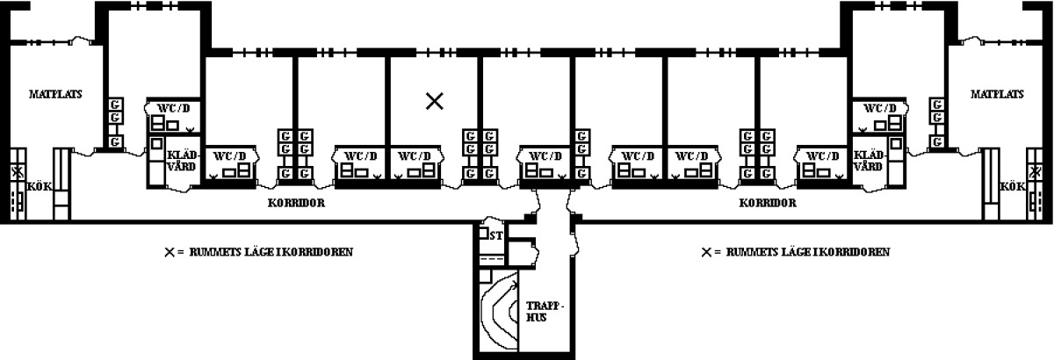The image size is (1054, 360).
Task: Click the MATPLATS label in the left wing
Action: pos(55,94)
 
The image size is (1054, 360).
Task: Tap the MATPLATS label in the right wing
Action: pos(997,94)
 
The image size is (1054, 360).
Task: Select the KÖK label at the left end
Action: pos(39,186)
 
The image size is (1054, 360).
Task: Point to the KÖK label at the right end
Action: pos(1012,186)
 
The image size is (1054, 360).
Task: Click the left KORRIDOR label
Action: pos(297,203)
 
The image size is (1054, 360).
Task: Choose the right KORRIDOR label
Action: pos(768,203)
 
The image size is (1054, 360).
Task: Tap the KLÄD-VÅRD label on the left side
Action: pos(183,161)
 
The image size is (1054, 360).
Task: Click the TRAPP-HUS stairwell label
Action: pos(544,312)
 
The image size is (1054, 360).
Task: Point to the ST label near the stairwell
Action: pos(496,235)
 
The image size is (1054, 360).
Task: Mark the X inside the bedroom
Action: pos(434,101)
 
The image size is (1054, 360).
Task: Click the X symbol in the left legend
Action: pos(170,252)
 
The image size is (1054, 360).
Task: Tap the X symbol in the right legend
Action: pos(706,252)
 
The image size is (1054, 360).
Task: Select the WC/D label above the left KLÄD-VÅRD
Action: pos(174,108)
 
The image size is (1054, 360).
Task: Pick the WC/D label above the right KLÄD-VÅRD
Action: pos(880,108)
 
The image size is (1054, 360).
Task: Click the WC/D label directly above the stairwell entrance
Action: pos(545,155)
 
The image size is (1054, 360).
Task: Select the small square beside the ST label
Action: pos(483,233)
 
